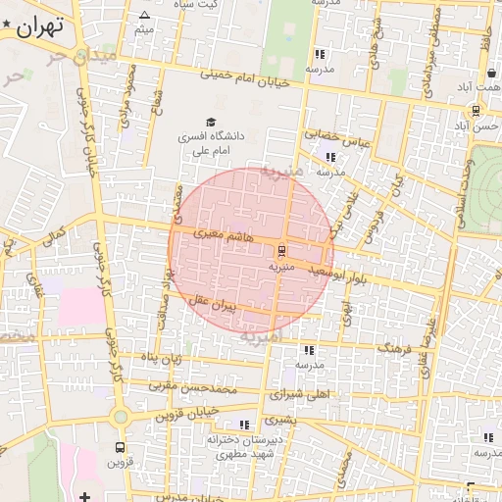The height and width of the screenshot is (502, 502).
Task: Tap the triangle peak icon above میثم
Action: coord(145,15)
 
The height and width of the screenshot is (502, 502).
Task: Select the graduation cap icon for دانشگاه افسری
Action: coord(211,121)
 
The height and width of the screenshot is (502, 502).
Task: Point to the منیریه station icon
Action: coord(282,249)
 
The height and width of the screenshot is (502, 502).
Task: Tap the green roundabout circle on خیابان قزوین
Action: coord(121,417)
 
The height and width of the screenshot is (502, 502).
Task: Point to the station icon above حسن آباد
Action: coord(476,111)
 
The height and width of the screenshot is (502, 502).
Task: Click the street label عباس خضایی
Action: coord(336,137)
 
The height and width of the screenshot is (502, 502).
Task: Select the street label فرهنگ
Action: coord(394,347)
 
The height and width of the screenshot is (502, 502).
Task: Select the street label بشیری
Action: coord(278,419)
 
